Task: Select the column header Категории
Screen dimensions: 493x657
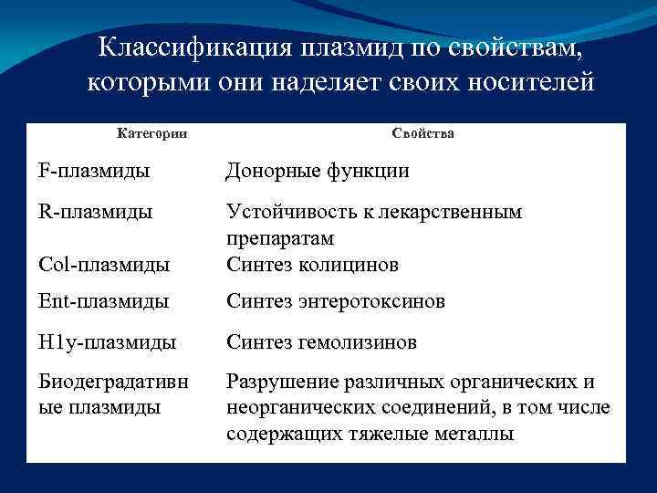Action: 152,133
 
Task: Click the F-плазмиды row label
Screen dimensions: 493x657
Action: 95,171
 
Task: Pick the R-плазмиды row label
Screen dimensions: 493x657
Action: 96,212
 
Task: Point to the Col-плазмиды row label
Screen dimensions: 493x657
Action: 104,265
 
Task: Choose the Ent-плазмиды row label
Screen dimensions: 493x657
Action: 103,301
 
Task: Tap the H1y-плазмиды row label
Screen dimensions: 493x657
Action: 108,343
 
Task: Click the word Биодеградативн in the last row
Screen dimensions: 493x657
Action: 114,382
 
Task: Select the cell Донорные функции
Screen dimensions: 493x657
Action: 318,171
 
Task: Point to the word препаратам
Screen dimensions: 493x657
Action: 280,238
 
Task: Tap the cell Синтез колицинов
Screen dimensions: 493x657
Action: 312,265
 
